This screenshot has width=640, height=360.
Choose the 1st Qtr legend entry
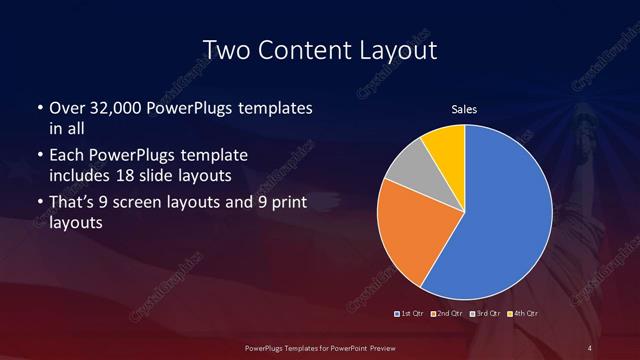coord(410,315)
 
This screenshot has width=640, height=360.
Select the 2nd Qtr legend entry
coord(448,315)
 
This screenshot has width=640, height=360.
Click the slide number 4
coord(590,347)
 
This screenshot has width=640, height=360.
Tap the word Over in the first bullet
coord(65,107)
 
